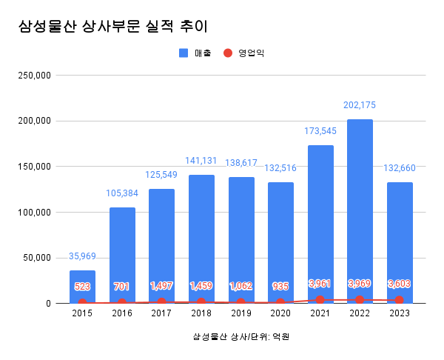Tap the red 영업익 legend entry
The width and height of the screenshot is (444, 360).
pyautogui.click(x=245, y=53)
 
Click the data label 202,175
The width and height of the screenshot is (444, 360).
pyautogui.click(x=360, y=105)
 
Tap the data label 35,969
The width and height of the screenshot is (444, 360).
pyautogui.click(x=82, y=256)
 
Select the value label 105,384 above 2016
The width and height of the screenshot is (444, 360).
pyautogui.click(x=122, y=193)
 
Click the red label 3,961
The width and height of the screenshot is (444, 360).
pyautogui.click(x=320, y=284)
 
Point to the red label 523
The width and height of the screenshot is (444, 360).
pyautogui.click(x=82, y=287)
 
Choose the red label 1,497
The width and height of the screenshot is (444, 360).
pyautogui.click(x=161, y=286)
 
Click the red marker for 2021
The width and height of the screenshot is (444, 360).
pyautogui.click(x=320, y=300)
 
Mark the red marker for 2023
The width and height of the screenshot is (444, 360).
pyautogui.click(x=400, y=300)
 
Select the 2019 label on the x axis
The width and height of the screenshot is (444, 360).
pyautogui.click(x=240, y=314)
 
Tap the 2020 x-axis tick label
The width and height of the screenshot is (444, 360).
pyautogui.click(x=280, y=314)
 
